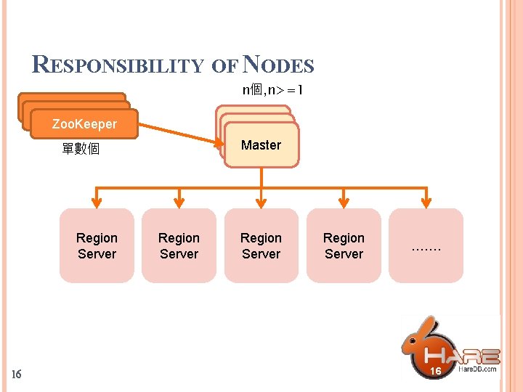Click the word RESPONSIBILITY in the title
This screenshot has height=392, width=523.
click(119, 65)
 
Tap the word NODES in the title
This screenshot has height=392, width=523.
click(279, 65)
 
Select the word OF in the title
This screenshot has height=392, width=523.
click(224, 66)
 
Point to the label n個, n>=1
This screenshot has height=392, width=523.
click(272, 90)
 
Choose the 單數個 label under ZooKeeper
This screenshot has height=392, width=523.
click(81, 150)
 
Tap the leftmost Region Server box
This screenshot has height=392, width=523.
click(97, 246)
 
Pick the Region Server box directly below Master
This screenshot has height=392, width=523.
click(261, 246)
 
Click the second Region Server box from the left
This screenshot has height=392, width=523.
click(179, 246)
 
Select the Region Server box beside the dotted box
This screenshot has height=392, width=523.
click(344, 246)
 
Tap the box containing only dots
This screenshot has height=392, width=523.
click(426, 246)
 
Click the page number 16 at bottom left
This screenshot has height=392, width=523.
click(17, 375)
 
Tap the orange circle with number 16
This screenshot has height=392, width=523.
click(436, 371)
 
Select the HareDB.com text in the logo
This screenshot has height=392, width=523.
click(478, 369)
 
